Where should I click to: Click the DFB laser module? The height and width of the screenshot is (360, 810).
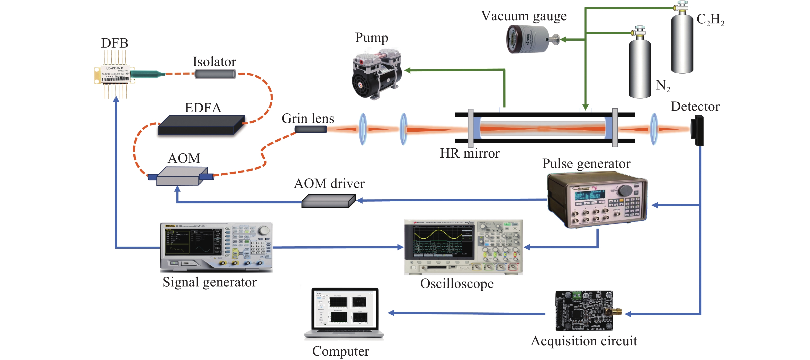click(115, 75)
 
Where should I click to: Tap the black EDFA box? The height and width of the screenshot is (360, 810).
click(201, 125)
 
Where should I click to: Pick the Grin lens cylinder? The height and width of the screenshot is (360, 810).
click(310, 129)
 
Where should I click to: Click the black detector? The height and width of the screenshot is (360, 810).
click(697, 130)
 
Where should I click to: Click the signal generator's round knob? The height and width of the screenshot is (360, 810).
click(265, 230)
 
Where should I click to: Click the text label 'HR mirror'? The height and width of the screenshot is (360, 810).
click(470, 154)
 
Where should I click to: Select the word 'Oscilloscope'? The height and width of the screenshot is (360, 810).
click(457, 284)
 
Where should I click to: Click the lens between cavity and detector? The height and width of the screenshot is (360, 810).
click(654, 129)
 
